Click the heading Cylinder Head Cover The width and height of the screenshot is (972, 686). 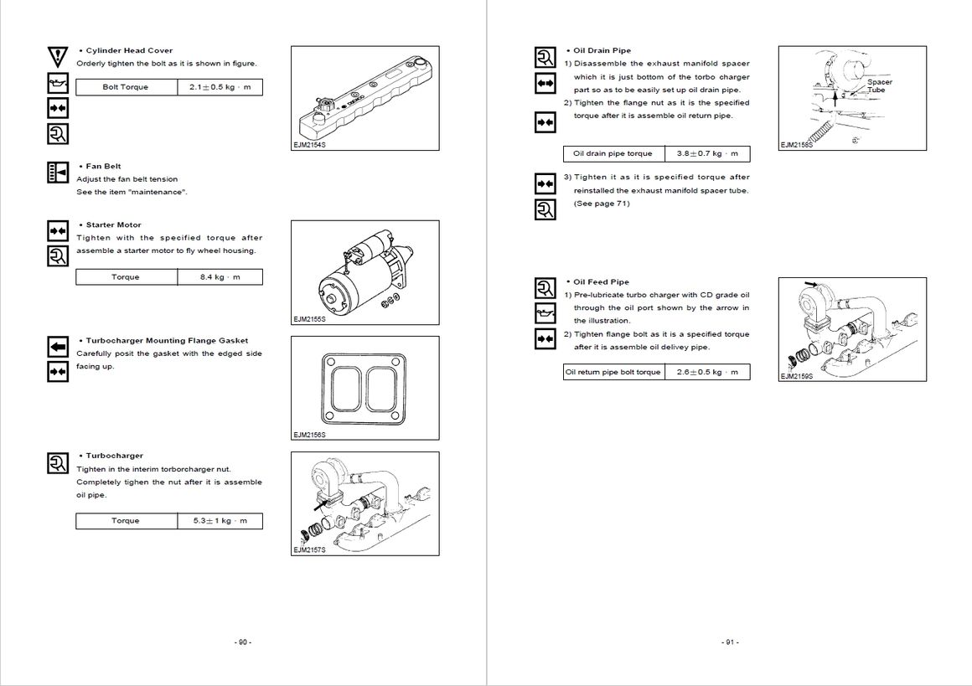[x=129, y=50]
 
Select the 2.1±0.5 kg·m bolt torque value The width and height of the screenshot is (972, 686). [x=220, y=87]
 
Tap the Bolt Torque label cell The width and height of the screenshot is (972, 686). [x=126, y=87]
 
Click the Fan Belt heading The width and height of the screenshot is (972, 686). [x=103, y=166]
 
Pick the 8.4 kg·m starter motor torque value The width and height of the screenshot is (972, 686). [x=220, y=277]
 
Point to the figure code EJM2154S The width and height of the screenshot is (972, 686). [x=309, y=145]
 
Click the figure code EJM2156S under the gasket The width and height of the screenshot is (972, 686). [x=309, y=435]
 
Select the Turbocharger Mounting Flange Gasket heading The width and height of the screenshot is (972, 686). [x=167, y=341]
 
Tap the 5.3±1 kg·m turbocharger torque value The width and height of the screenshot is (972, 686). [x=220, y=521]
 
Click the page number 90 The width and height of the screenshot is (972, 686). [x=242, y=642]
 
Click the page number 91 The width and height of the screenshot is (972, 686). [x=729, y=642]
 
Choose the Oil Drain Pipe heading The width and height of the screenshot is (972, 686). [x=602, y=50]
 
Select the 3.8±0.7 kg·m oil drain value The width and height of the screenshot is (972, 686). [x=707, y=154]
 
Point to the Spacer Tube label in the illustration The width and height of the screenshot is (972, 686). [x=879, y=85]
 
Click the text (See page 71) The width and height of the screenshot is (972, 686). [x=602, y=204]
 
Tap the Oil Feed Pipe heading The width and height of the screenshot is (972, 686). [x=601, y=282]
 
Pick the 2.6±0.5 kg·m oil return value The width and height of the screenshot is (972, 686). [x=707, y=372]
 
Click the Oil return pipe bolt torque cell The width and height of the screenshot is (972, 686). [x=613, y=372]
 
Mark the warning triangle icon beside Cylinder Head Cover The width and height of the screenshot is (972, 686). [x=57, y=57]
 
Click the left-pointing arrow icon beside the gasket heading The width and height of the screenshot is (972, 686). [x=57, y=346]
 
